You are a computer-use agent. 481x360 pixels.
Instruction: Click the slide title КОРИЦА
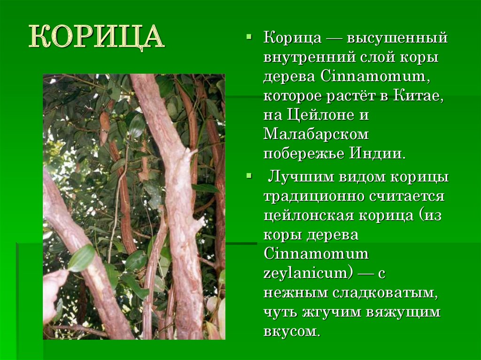pyautogui.click(x=97, y=37)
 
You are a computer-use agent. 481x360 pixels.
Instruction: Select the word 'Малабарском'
pyautogui.click(x=316, y=135)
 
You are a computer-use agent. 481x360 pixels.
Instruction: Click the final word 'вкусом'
pyautogui.click(x=291, y=331)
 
